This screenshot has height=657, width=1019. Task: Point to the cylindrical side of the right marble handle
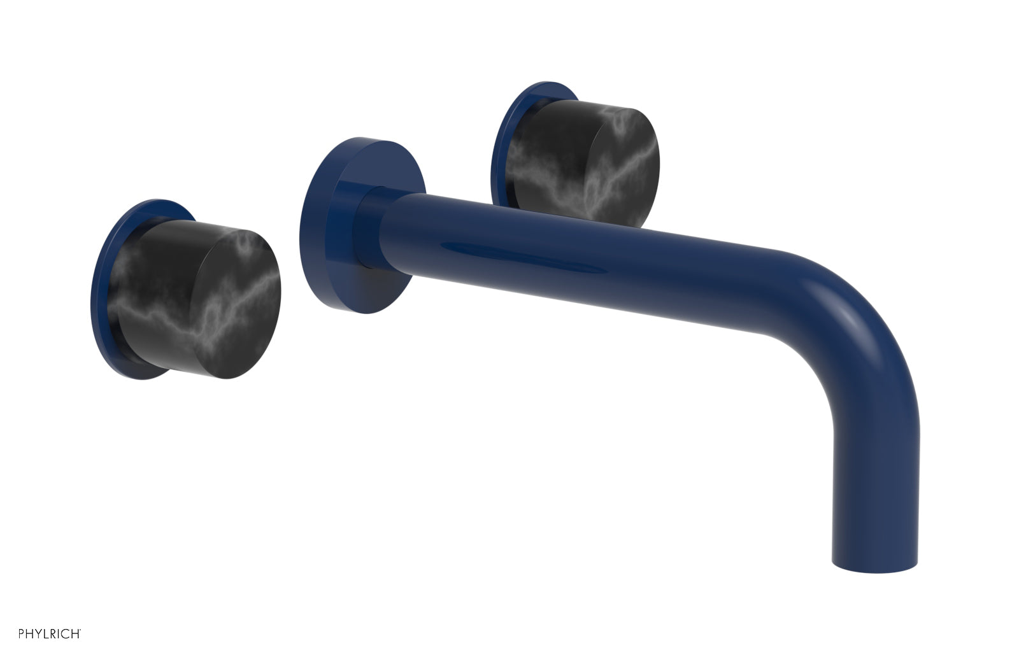(x=548, y=153)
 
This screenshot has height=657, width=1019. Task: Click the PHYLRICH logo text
(x=49, y=633)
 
